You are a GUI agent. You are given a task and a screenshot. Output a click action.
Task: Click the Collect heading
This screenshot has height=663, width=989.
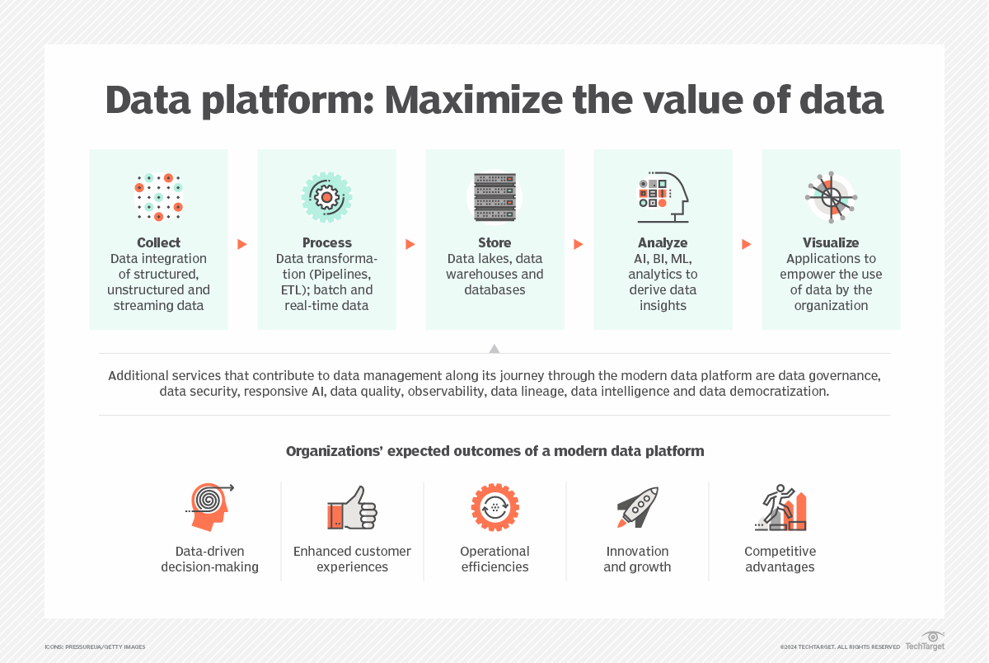(x=158, y=242)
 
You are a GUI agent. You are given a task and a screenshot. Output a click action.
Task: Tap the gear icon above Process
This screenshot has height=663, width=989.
(x=326, y=197)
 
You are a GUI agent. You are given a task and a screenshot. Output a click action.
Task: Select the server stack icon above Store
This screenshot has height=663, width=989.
(x=494, y=197)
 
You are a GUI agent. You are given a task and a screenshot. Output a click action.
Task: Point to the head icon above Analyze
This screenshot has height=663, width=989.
(x=663, y=197)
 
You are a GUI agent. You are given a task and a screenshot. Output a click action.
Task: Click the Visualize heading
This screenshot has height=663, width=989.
(x=831, y=242)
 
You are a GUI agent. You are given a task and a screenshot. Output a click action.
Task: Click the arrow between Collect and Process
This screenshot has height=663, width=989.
(x=242, y=244)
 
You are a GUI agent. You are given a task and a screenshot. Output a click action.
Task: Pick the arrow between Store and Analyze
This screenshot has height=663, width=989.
(x=579, y=244)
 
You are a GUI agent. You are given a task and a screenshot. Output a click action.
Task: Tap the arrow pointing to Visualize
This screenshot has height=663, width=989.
(x=746, y=244)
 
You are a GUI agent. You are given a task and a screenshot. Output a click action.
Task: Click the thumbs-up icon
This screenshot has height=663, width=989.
(x=352, y=508)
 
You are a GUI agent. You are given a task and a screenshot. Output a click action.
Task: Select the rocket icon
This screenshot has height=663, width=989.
(x=638, y=507)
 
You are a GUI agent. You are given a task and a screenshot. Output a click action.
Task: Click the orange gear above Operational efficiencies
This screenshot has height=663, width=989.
(x=495, y=507)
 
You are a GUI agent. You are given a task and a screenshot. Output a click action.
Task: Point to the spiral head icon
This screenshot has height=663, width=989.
(x=209, y=507)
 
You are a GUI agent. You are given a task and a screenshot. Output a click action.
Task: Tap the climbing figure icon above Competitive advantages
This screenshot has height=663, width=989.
(x=780, y=507)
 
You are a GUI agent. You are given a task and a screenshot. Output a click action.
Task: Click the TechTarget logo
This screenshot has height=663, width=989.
(x=925, y=642)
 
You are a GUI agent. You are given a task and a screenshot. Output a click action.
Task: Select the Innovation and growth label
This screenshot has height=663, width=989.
(x=637, y=559)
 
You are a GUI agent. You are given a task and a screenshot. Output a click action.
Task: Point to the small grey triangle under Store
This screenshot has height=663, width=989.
(x=494, y=349)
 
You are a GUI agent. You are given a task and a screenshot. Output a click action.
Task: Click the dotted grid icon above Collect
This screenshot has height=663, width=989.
(x=158, y=197)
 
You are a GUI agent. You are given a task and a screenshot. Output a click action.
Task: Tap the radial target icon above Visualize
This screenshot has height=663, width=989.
(x=831, y=197)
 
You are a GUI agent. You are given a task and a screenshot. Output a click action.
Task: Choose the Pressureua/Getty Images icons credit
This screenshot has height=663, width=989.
(x=95, y=647)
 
